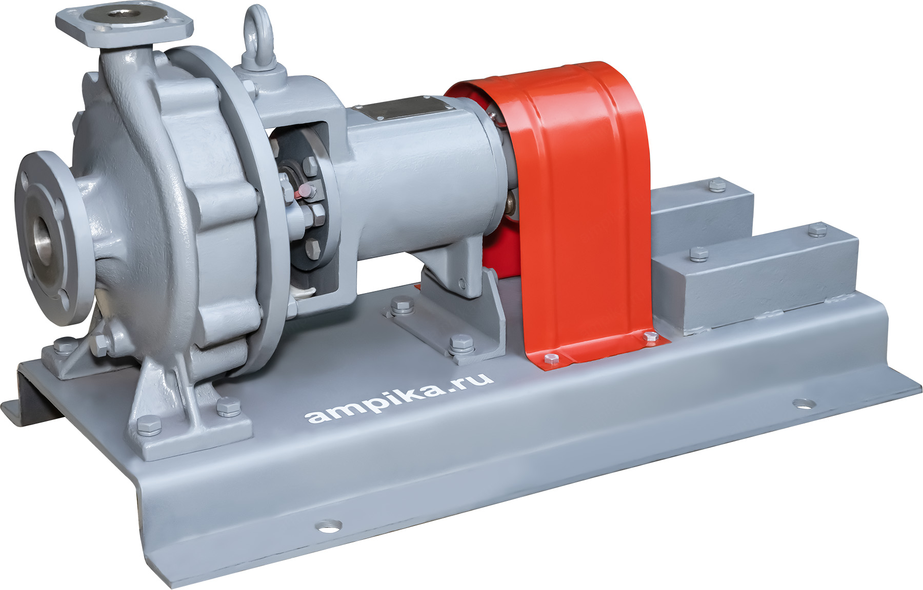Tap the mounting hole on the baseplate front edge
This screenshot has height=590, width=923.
pyautogui.click(x=328, y=525)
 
